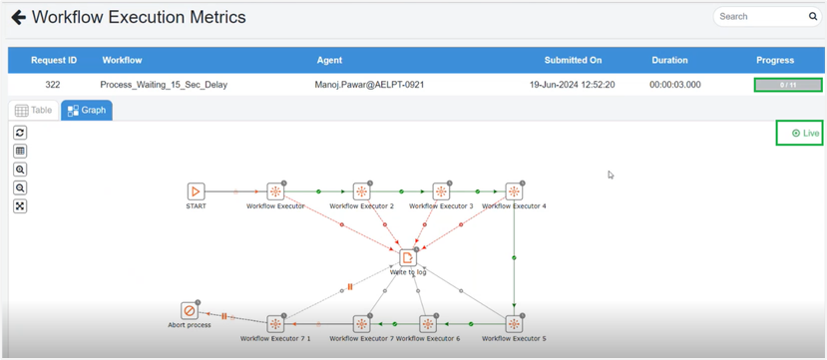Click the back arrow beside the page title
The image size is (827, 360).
coord(18,17)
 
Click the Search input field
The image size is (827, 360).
coord(761,17)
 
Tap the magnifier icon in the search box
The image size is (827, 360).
coord(813,17)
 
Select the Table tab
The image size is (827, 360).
coord(34,111)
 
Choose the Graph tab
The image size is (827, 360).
coord(87,111)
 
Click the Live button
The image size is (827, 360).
coord(800,133)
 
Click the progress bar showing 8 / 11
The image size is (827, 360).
coord(788,85)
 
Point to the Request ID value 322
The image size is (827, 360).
coord(53,85)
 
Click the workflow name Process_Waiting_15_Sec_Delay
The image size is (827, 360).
coord(164,85)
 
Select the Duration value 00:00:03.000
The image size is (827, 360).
coord(675,85)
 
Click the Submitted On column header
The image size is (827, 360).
coord(573,60)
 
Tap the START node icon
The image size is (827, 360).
coord(196,191)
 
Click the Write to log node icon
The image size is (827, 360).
coord(408,258)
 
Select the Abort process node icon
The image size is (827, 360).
coord(189,311)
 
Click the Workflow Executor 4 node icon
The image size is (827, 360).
coord(514,191)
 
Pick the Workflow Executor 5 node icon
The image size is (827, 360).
coord(514,324)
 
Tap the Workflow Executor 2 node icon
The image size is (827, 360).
coord(361,191)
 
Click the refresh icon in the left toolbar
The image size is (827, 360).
coord(20,133)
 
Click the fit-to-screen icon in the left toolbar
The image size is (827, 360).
coord(20,206)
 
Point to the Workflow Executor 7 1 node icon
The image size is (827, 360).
coord(275,324)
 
